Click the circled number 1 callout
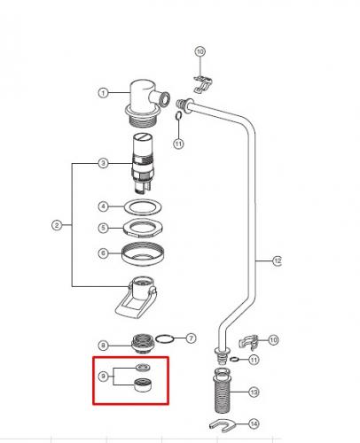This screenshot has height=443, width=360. pos(103,93)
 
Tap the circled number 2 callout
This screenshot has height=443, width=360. pos(57,225)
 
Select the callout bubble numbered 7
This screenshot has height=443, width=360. pos(191,338)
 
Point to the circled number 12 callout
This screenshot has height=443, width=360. pos(277,260)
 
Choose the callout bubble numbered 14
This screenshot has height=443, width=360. pos(254,424)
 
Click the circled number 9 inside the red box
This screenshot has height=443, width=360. pos(103,377)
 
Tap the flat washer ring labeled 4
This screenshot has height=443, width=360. pos(143,207)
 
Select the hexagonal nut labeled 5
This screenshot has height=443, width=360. pos(143,228)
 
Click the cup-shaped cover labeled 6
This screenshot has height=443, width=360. pos(143,253)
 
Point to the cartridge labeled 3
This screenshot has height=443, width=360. pos(143,163)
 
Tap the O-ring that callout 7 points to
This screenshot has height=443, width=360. pos(164,339)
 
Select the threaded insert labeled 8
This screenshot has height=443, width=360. pos(143,343)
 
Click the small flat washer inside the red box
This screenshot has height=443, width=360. pos(143,368)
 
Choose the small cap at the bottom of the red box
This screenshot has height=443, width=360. pos(143,385)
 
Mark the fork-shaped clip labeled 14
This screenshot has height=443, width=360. pos(223,425)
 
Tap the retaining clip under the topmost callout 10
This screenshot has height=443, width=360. pos(203,83)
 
